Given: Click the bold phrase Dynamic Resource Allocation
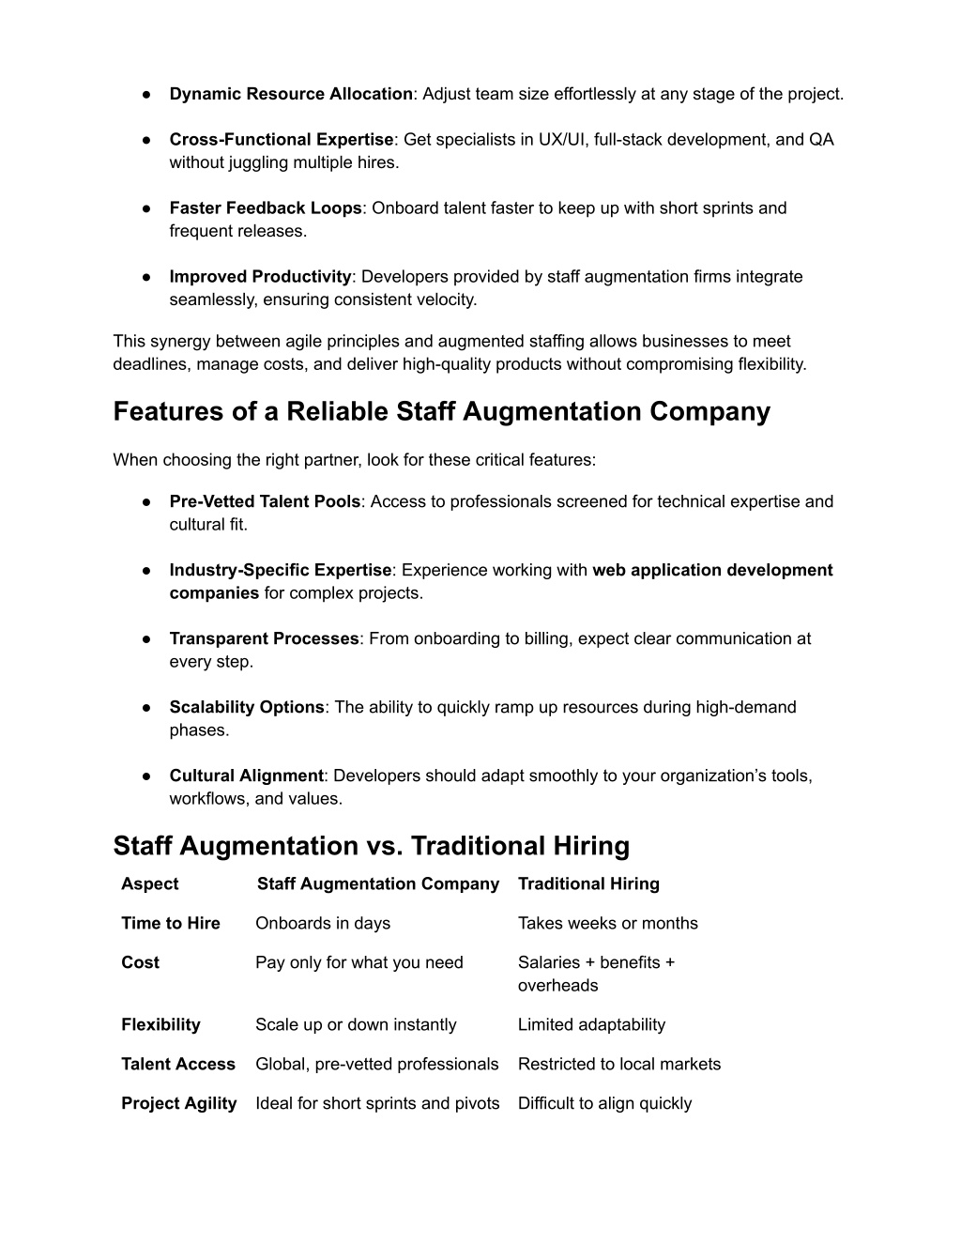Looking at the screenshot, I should pos(291,94).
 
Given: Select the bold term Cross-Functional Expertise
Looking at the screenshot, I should pos(281,140).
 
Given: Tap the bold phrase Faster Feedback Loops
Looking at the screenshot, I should pos(266,208).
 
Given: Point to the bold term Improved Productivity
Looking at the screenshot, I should pos(260,277).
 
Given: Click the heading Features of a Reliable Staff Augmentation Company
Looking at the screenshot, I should pos(441,411).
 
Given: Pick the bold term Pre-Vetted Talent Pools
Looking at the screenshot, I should pos(265,501).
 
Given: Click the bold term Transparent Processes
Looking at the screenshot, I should pos(264,638).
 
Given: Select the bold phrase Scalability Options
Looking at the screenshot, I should pos(247,707).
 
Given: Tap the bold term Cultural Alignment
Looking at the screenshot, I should pos(246,776).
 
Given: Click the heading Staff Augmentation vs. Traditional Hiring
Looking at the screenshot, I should pos(371,846).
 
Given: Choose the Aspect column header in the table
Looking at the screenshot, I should pos(149,883).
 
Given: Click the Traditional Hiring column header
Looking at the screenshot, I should pos(588,883).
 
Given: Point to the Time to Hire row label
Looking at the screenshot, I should pos(170,923).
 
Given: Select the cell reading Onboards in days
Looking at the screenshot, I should pos(323,923).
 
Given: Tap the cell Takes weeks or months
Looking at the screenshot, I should pos(607,923).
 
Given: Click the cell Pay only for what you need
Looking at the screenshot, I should pos(358,962).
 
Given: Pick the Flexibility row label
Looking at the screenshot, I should pos(160,1024).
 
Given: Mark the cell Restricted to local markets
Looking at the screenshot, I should pos(619,1064).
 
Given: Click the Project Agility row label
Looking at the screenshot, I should pos(178,1103).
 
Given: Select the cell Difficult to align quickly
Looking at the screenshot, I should pos(604,1103).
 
